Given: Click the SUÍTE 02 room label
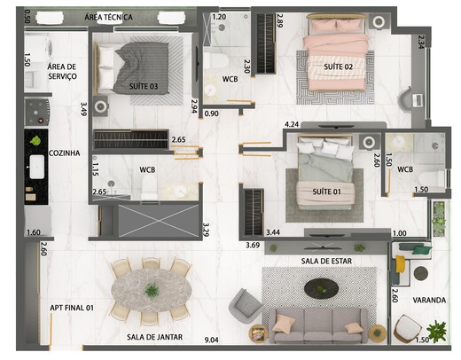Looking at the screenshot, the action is click(x=338, y=67).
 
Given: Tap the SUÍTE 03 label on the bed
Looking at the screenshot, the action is click(x=144, y=86).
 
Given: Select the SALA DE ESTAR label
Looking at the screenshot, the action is click(x=326, y=262).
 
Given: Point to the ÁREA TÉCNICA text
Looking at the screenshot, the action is click(x=108, y=17).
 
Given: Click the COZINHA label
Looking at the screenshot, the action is click(x=64, y=153).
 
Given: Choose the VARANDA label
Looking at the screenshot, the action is click(x=429, y=301).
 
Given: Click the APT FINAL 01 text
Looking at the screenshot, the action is click(x=72, y=308).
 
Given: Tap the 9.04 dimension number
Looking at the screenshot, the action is click(x=212, y=340).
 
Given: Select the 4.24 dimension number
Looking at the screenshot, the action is click(x=292, y=124).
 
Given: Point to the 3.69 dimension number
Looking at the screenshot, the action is click(x=253, y=245).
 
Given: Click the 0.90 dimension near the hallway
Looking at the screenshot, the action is click(x=212, y=113).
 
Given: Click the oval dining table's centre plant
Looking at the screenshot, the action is click(x=152, y=290).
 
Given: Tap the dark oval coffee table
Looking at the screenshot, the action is click(x=322, y=288).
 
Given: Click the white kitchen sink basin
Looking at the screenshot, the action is click(x=37, y=167).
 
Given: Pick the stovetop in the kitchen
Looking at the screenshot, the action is click(x=37, y=113).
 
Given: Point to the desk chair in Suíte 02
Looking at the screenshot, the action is click(x=404, y=100).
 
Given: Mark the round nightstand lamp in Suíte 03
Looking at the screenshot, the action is click(x=100, y=106).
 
